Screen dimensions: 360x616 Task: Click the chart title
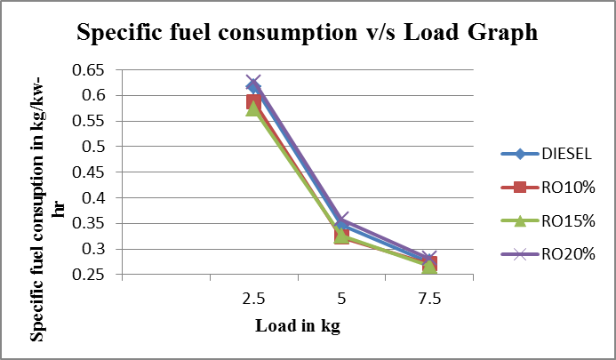308,32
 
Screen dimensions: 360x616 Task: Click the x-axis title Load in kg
297,325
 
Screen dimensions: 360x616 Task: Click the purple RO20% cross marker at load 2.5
253,83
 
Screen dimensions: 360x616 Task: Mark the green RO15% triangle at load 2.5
253,108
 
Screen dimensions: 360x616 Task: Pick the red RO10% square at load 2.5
253,101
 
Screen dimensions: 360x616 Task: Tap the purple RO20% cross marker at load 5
341,220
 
